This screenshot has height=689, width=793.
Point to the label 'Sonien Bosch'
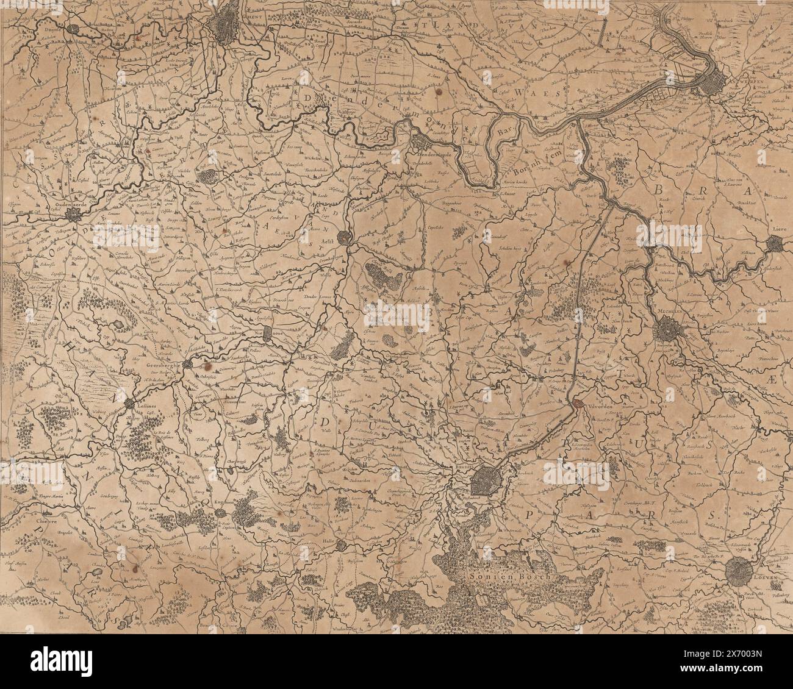[511, 575]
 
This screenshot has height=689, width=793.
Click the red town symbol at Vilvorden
[577, 403]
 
